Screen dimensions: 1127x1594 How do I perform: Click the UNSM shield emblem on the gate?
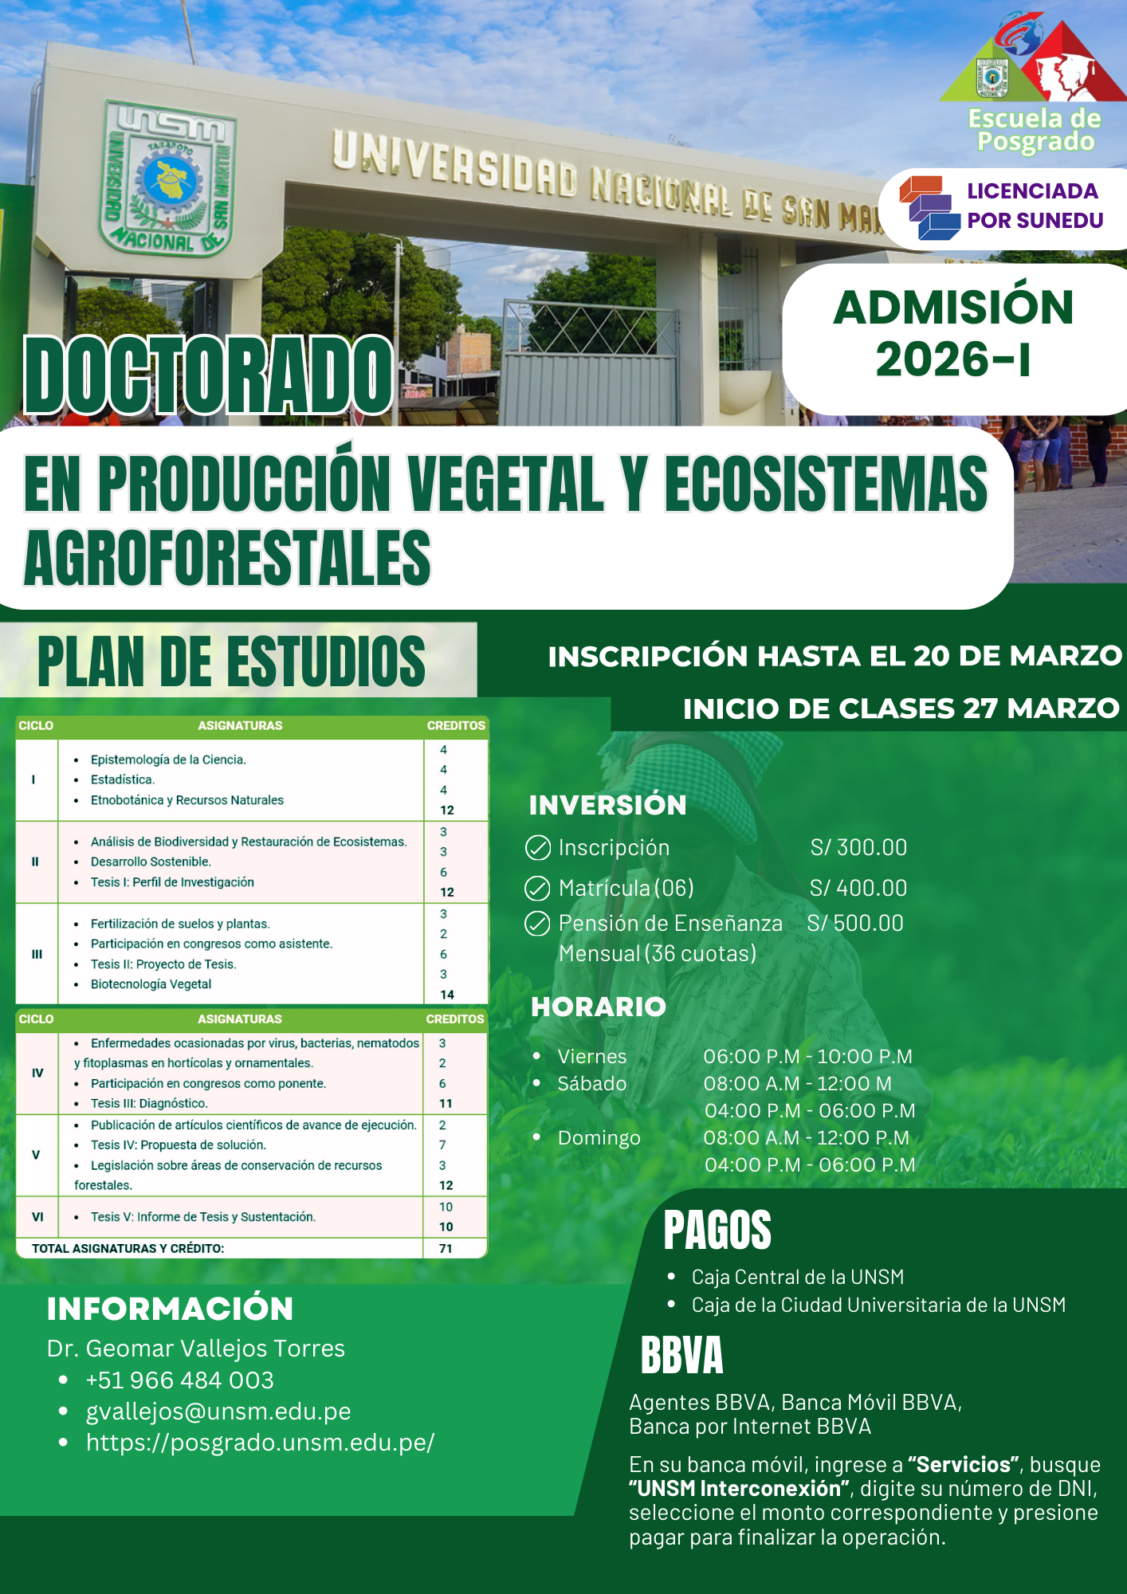[168, 178]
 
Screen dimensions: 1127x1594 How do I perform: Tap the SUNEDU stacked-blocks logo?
[930, 208]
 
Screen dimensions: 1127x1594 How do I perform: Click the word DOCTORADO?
[209, 375]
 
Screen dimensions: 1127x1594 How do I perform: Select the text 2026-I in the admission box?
[953, 359]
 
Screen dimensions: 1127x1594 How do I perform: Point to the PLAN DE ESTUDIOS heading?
[231, 661]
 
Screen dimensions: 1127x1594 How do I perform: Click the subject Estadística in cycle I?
[123, 779]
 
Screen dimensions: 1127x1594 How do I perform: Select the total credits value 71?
[446, 1248]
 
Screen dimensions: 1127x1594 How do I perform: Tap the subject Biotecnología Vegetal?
[151, 984]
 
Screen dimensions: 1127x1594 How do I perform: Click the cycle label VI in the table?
[37, 1217]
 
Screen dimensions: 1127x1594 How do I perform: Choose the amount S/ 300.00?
[858, 847]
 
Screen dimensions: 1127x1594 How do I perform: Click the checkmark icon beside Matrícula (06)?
[537, 888]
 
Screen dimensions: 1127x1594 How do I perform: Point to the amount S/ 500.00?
[855, 923]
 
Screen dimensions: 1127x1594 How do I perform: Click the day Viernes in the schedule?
[592, 1056]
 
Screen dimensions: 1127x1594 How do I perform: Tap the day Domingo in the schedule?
[599, 1137]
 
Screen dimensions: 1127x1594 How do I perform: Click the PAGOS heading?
[717, 1230]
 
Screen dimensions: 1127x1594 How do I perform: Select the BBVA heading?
[682, 1355]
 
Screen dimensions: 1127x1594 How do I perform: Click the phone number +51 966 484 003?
[180, 1380]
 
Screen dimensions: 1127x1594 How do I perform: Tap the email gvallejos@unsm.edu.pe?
[218, 1411]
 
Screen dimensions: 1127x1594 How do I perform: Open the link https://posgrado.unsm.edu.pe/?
[260, 1443]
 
